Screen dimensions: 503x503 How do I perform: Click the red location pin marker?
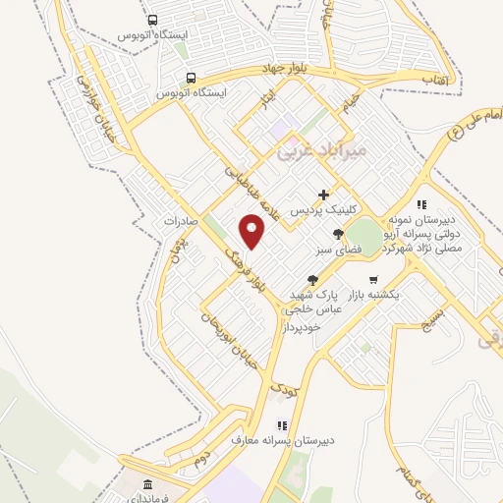click(x=253, y=232)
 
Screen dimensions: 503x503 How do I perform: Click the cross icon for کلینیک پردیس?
click(x=323, y=195)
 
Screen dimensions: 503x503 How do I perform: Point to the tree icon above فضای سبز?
click(x=339, y=234)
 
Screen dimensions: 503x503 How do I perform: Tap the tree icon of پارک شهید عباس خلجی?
click(x=312, y=280)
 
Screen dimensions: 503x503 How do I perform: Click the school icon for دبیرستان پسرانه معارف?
click(x=283, y=425)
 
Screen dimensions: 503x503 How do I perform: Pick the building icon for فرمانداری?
click(x=148, y=485)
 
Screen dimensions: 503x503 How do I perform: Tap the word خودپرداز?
click(x=307, y=322)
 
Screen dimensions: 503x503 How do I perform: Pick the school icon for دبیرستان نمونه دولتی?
click(x=420, y=204)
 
